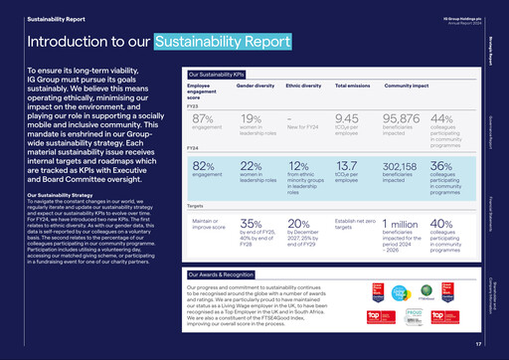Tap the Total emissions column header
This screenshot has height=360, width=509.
pos(354,88)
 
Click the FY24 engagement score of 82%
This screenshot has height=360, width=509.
pos(204,165)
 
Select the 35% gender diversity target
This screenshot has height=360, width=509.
pos(253,225)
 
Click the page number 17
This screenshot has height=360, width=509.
pos(477,343)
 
